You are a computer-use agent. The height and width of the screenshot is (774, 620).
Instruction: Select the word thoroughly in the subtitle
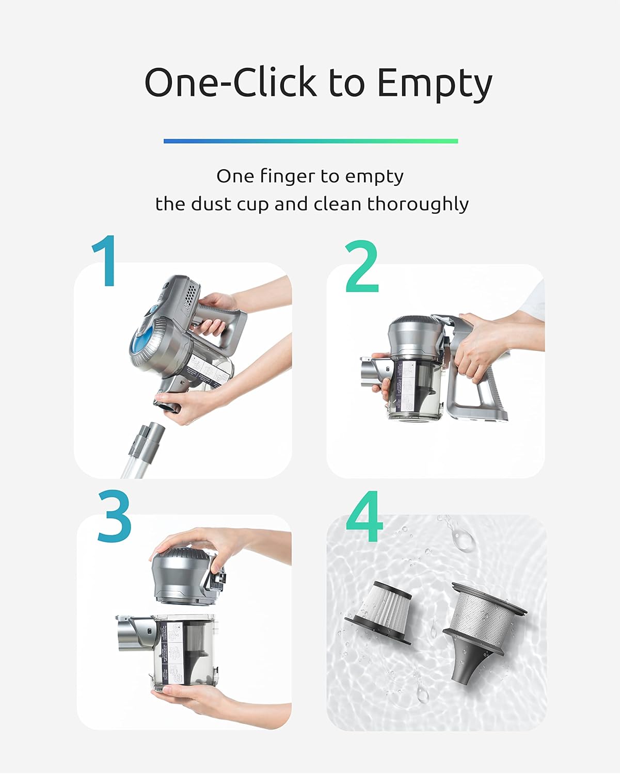click(418, 204)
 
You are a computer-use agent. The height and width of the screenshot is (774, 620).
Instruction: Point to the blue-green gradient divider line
click(310, 141)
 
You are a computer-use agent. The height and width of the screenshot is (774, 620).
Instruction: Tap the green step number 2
click(362, 267)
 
